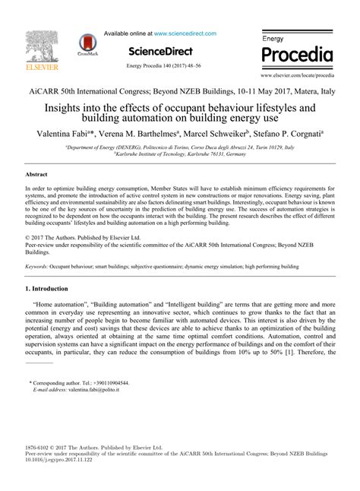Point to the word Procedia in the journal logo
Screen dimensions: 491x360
tap(297, 55)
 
